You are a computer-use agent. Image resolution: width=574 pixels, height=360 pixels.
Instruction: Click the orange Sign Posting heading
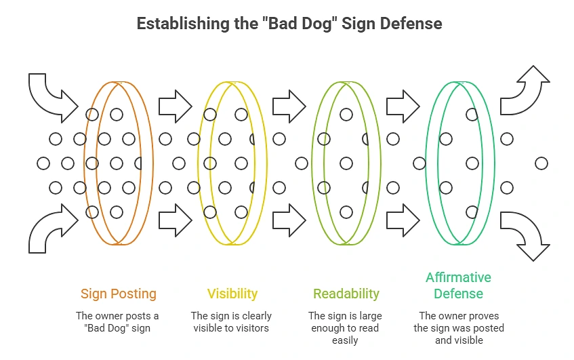pos(119,294)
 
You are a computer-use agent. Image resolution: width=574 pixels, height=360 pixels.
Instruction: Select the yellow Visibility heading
pos(232,294)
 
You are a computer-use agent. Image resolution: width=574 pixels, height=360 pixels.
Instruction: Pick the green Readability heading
pos(346,294)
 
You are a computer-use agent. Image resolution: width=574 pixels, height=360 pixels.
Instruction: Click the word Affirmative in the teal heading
pos(458,277)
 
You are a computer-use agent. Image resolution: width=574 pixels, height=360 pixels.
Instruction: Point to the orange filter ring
pos(84,163)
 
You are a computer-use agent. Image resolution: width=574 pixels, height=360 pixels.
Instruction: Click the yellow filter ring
pos(198,163)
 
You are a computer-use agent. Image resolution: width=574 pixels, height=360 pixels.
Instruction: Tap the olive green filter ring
pos(312,163)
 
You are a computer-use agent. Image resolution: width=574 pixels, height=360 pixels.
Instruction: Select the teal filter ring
pos(426,163)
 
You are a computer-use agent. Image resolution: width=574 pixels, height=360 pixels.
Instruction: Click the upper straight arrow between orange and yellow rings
pos(176,106)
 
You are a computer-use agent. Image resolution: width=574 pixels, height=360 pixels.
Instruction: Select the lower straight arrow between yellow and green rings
pos(289,220)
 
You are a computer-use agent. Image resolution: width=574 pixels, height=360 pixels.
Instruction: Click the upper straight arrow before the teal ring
pos(403,106)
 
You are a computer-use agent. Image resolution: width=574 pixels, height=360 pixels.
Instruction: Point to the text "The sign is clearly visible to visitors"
pos(231,322)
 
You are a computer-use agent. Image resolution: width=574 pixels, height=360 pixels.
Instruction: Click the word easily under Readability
pos(345,340)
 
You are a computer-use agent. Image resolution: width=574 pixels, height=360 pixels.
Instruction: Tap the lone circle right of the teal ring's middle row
pos(541,163)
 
